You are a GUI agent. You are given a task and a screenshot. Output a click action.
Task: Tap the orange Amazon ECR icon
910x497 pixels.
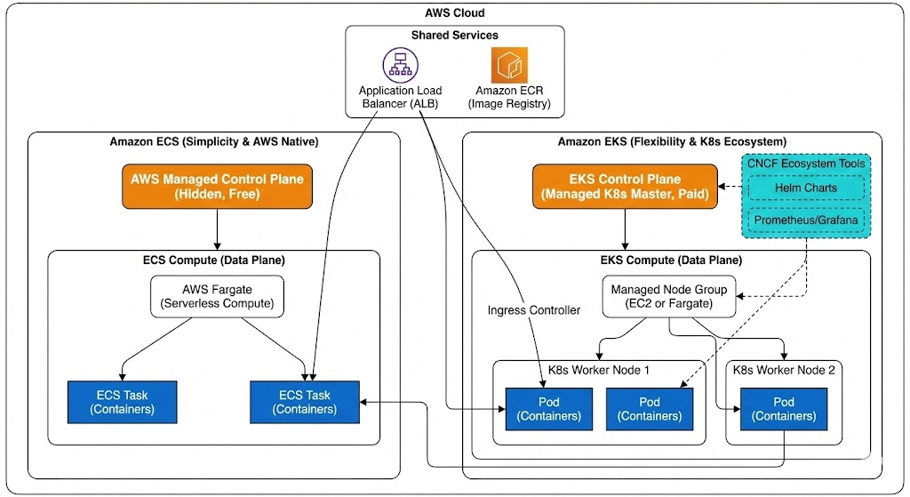pos(509,66)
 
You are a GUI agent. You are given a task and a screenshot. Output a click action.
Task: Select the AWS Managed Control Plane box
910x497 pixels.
pos(217,187)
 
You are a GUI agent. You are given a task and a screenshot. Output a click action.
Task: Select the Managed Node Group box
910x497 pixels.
pos(669,295)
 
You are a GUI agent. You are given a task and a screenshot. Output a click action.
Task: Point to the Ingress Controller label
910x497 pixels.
pos(533,310)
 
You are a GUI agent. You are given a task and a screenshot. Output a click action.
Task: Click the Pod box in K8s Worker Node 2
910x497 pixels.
pos(784,408)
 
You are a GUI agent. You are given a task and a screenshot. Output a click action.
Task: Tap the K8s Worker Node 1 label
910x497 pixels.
pos(599,370)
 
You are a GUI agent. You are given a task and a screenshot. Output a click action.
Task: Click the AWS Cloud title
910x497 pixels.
pos(454,13)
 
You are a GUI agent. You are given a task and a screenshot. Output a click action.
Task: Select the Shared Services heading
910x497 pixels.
pos(454,36)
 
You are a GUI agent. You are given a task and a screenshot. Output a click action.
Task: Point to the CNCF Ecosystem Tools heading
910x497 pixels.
pos(804,164)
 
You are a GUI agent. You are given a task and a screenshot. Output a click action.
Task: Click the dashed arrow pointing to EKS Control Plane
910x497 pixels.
pos(730,187)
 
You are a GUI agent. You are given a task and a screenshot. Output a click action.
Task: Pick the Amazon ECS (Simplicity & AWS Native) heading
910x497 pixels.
pos(213,141)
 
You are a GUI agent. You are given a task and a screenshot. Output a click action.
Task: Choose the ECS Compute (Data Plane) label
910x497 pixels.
pos(213,260)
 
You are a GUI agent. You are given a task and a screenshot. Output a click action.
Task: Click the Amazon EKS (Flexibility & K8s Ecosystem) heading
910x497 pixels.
pos(671,141)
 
